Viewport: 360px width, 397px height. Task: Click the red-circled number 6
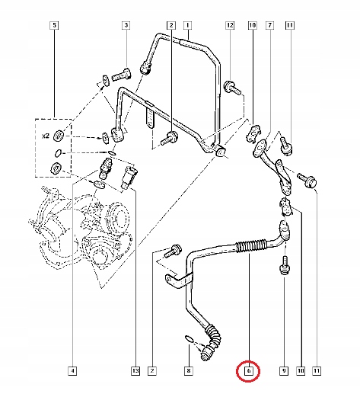coord(248,372)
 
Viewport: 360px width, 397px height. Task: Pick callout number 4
coord(72,371)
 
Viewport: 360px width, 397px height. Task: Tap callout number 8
coord(189,371)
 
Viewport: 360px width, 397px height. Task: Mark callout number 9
coord(282,371)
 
